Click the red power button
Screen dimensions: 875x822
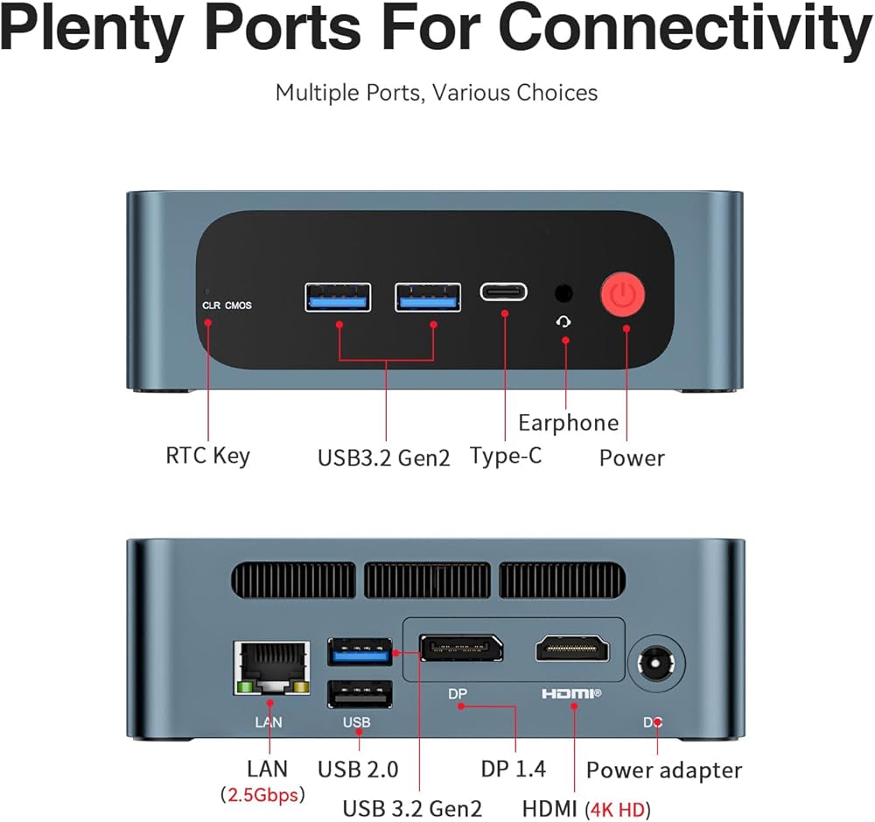[622, 296]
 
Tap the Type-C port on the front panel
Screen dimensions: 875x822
[503, 292]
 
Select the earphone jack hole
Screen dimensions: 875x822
[564, 293]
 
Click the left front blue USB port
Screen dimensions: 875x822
[338, 297]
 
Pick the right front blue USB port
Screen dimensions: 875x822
[428, 297]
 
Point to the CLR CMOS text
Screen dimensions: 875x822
[227, 306]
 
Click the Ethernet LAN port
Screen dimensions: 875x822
[271, 668]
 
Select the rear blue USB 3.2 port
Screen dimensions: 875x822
[360, 652]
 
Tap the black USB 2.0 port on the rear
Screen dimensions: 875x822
[360, 693]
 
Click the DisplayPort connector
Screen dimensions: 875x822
[461, 649]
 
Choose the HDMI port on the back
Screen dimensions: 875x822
[572, 649]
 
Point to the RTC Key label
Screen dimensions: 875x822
[207, 455]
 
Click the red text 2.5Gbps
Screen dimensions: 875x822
[262, 795]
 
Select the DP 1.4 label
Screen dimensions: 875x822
[513, 769]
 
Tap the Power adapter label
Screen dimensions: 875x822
[663, 770]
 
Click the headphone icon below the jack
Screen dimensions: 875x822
[565, 321]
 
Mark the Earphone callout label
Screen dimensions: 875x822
[568, 423]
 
